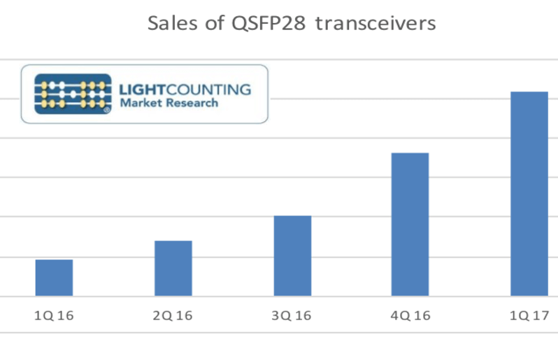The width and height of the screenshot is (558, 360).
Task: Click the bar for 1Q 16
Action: [54, 278]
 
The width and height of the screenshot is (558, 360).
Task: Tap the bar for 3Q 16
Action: [292, 255]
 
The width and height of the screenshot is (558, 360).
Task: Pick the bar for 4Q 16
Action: [410, 224]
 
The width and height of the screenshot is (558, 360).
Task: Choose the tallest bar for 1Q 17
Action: [529, 194]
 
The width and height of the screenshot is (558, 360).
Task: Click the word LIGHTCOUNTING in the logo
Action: [185, 89]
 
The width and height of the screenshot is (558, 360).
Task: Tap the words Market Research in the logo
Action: [169, 103]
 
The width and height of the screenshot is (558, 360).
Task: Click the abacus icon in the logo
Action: [72, 94]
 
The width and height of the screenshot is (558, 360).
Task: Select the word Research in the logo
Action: [191, 103]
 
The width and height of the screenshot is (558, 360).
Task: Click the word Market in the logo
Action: [140, 103]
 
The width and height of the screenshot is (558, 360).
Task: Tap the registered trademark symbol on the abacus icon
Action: [106, 109]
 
